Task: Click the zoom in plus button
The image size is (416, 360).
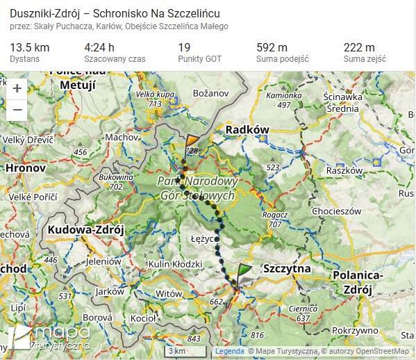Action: coord(17,88)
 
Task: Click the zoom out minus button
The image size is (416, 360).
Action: coord(17,110)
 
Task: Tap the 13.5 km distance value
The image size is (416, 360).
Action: coord(29,47)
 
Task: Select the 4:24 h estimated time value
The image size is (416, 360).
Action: coord(99,47)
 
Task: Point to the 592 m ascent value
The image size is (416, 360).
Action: coord(272,47)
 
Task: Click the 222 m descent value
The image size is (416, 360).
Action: coord(359,47)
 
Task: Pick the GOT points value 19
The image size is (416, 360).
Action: coord(184,47)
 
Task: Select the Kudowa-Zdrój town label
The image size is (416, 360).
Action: coord(85,229)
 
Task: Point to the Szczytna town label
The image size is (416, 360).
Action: coord(287,268)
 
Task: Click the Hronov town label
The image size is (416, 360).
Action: coord(26,168)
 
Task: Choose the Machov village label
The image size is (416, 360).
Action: coord(122,137)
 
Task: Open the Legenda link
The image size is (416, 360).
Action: coord(228,351)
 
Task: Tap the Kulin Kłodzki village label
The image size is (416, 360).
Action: coord(174,264)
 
